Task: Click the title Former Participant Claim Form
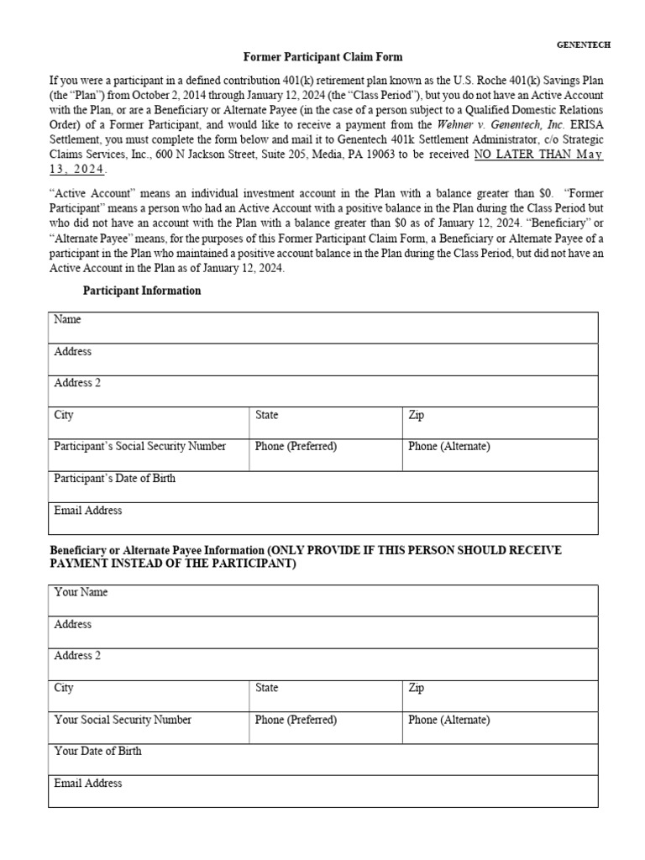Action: (x=322, y=57)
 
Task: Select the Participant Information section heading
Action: (x=141, y=291)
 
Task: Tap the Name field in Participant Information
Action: (x=323, y=328)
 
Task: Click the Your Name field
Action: (x=323, y=600)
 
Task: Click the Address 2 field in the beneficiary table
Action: (x=323, y=664)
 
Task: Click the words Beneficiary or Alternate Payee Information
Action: (x=156, y=550)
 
